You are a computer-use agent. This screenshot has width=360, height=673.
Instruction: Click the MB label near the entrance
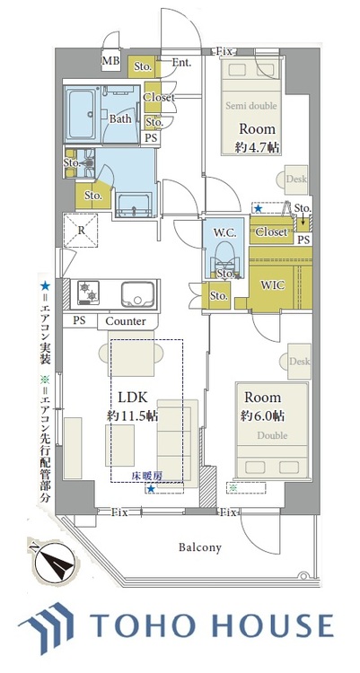coord(110,61)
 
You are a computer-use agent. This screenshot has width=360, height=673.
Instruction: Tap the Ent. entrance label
coord(181,63)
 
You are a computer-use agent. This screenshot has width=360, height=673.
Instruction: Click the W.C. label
coord(224,232)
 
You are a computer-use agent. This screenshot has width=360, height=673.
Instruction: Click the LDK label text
coord(126,397)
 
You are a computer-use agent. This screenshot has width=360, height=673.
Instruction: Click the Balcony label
coord(199,546)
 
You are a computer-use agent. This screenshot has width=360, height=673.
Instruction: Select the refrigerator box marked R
coord(82,230)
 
